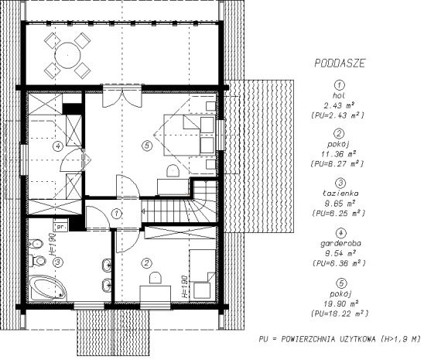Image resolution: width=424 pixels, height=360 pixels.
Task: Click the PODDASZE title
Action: pos(340,63)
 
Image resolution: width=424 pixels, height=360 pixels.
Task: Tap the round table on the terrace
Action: pos(67,56)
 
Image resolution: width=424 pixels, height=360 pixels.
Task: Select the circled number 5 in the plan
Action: pos(147,146)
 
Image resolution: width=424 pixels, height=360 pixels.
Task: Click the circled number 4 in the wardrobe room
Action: pos(57,146)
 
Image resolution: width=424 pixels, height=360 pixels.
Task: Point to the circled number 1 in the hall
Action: pos(117,214)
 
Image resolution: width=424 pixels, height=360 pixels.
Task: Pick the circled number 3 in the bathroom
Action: pos(57,262)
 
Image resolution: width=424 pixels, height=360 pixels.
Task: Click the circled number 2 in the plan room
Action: pos(146,263)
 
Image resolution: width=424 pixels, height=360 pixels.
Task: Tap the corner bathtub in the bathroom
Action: pos(48,288)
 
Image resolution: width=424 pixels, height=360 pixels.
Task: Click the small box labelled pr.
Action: pos(61,227)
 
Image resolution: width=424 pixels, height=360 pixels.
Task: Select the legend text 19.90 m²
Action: pos(340,303)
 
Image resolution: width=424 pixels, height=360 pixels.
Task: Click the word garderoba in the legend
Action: pos(340,243)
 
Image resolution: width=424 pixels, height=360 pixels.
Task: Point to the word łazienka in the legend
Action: pos(340,193)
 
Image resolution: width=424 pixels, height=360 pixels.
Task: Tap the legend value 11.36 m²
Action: pos(338,154)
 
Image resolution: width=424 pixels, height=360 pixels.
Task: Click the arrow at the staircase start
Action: pos(144,211)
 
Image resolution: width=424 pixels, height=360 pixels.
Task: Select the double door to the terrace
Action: pos(122,96)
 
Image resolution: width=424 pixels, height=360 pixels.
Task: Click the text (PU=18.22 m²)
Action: pos(340,314)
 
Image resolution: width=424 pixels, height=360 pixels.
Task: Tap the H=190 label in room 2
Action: pos(184,286)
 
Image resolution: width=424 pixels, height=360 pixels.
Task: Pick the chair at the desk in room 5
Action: pos(173,171)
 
